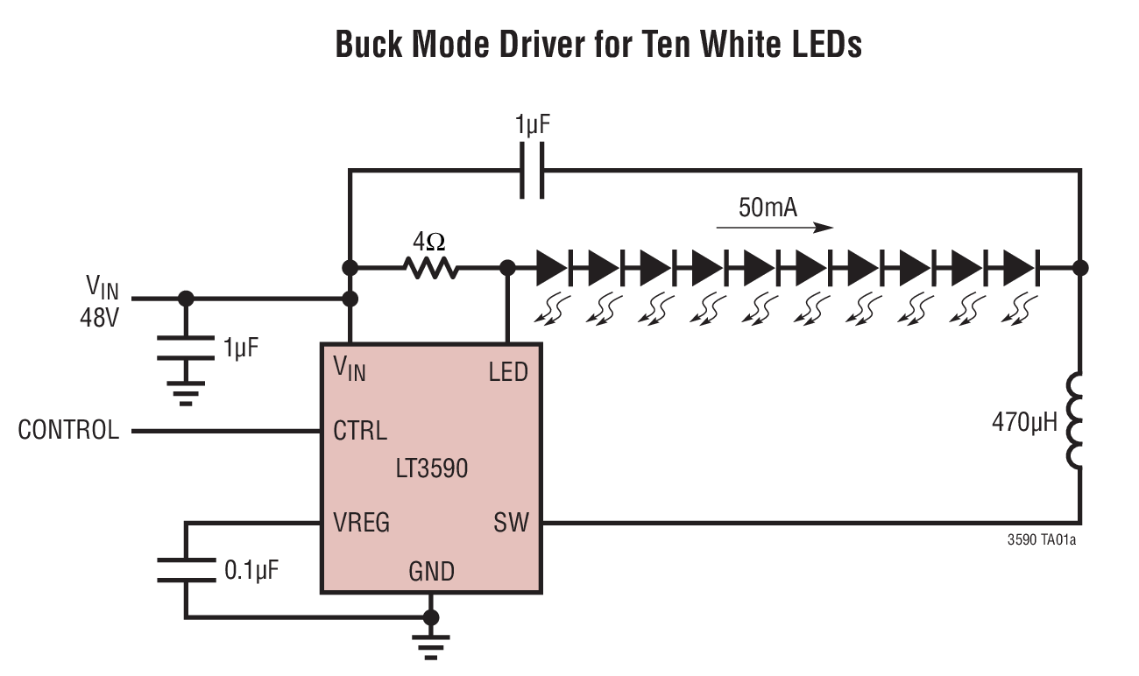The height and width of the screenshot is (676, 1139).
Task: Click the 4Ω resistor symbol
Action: (430, 268)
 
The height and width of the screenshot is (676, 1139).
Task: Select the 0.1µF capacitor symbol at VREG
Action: (186, 569)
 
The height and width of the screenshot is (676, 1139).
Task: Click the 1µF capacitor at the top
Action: (532, 170)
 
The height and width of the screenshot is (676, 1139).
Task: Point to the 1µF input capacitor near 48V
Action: (186, 348)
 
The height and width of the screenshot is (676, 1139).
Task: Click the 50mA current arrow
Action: (774, 228)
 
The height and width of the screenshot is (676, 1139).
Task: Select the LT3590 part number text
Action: (431, 468)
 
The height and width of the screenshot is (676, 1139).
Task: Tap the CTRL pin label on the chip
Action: (360, 431)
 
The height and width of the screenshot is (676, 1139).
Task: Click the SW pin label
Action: (511, 524)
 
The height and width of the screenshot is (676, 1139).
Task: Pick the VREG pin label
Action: (362, 524)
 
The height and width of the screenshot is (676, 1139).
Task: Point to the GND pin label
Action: (431, 572)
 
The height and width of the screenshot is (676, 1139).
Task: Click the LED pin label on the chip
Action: (508, 372)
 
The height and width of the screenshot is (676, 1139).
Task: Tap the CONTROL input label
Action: (68, 431)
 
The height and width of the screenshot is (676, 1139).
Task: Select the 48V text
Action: (97, 316)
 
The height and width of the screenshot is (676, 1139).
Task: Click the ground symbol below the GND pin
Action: (430, 643)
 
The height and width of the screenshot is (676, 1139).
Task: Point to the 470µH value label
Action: (1024, 423)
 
